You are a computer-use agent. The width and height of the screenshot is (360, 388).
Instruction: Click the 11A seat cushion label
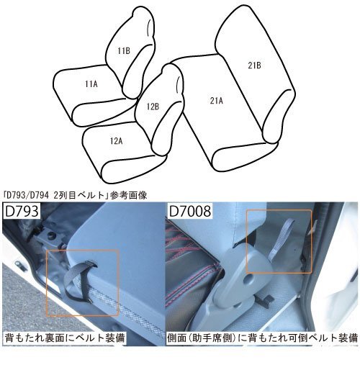click(x=91, y=84)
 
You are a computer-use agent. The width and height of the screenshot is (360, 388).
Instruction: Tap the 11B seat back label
click(x=124, y=50)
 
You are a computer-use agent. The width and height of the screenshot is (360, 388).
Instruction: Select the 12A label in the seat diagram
click(x=116, y=141)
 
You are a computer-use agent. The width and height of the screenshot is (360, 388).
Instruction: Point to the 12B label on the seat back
click(x=153, y=107)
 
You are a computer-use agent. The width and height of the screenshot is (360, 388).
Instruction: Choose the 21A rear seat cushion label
click(x=216, y=100)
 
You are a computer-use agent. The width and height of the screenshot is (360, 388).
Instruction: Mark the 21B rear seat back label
click(x=254, y=66)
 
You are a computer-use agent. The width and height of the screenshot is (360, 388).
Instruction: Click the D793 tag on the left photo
click(x=22, y=214)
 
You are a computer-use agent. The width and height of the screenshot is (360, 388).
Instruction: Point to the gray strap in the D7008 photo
click(x=274, y=242)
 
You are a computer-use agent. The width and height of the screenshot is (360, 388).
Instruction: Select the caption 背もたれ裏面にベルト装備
click(x=65, y=337)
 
